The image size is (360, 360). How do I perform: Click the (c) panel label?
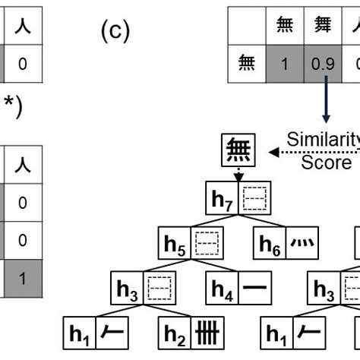coord(114,32)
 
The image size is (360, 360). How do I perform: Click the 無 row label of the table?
coord(246,66)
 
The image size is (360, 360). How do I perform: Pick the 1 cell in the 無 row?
coord(284,66)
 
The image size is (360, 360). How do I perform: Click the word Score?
coord(326,162)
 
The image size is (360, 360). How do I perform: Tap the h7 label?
coord(223,201)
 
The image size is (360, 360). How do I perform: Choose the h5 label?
coord(175,244)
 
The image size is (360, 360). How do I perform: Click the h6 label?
coord(270,244)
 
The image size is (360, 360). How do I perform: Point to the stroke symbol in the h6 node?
coord(302,244)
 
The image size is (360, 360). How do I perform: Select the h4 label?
coord(223,288)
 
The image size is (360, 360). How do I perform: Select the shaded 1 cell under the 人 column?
coord(22,278)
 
